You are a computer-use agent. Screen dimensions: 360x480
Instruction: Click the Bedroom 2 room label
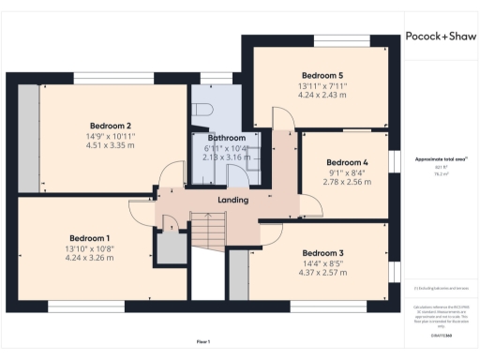click(110, 126)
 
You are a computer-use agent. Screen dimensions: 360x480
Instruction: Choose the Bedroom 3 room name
click(322, 253)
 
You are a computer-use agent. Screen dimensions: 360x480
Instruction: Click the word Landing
click(232, 200)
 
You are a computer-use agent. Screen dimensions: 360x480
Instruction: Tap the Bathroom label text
click(226, 138)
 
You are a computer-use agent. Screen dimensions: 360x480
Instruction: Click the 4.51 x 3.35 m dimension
click(110, 145)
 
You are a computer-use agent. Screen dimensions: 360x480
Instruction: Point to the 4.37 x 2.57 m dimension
click(322, 273)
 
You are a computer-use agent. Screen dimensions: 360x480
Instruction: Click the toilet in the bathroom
click(202, 109)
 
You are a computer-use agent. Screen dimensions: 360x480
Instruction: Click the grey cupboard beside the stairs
click(171, 247)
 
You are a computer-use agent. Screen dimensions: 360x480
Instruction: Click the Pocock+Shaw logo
click(441, 38)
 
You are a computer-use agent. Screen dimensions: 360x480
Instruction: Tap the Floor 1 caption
click(202, 341)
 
